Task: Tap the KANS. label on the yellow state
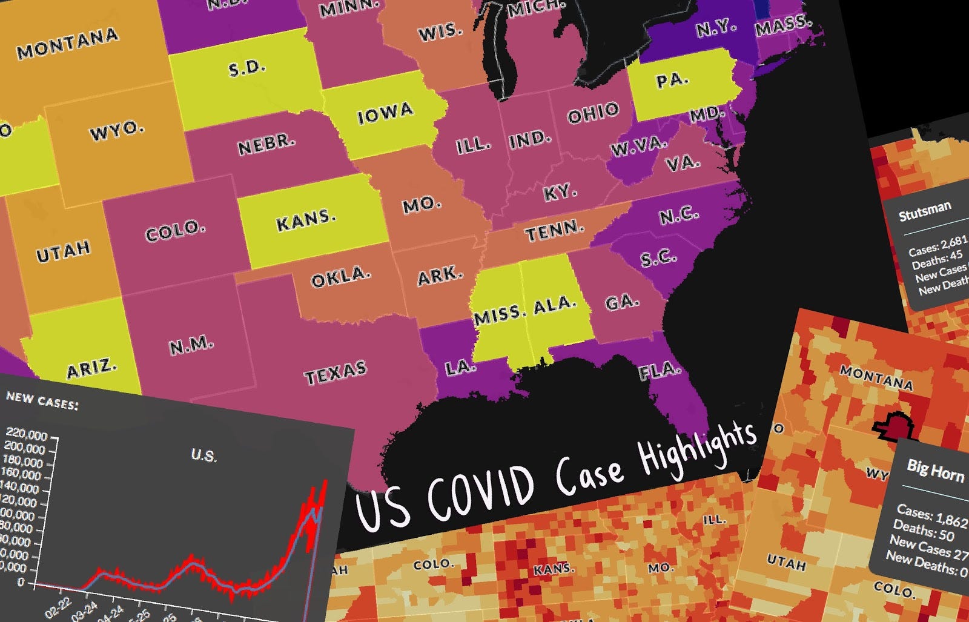point(306,220)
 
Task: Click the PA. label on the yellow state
point(672,80)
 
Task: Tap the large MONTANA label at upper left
point(68,44)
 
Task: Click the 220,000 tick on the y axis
point(26,434)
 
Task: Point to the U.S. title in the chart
point(203,455)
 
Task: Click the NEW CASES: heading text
point(42,400)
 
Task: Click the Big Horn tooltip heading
point(935,469)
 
